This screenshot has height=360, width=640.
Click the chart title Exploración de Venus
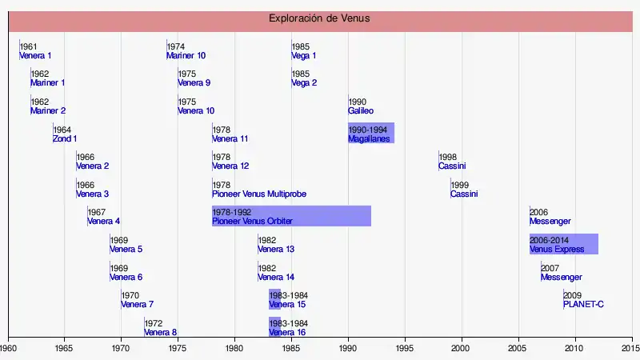[x=319, y=18]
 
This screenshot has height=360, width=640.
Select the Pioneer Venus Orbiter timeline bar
[x=291, y=216]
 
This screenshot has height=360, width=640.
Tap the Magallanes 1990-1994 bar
[x=371, y=134]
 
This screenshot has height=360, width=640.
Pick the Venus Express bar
[x=563, y=244]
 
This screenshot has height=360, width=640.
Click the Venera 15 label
[x=287, y=305]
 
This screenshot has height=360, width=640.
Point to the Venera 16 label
[x=287, y=333]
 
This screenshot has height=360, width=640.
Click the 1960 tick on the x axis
[x=8, y=349]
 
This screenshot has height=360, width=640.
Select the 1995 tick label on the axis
[x=405, y=349]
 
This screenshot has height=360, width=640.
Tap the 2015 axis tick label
[x=630, y=349]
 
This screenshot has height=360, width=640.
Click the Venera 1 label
[x=35, y=56]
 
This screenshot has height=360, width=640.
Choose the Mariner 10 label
[x=186, y=56]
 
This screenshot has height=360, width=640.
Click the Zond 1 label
[x=65, y=139]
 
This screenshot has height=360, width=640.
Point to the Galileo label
[x=361, y=111]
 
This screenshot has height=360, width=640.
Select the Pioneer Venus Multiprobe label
[x=259, y=194]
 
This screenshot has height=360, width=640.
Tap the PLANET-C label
[x=583, y=305]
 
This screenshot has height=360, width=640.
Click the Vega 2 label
[x=304, y=83]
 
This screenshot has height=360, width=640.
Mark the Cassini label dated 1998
[x=452, y=166]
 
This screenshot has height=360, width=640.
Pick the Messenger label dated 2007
[x=562, y=278]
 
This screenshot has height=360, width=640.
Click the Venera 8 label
[x=161, y=333]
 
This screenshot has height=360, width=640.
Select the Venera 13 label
[x=276, y=250]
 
